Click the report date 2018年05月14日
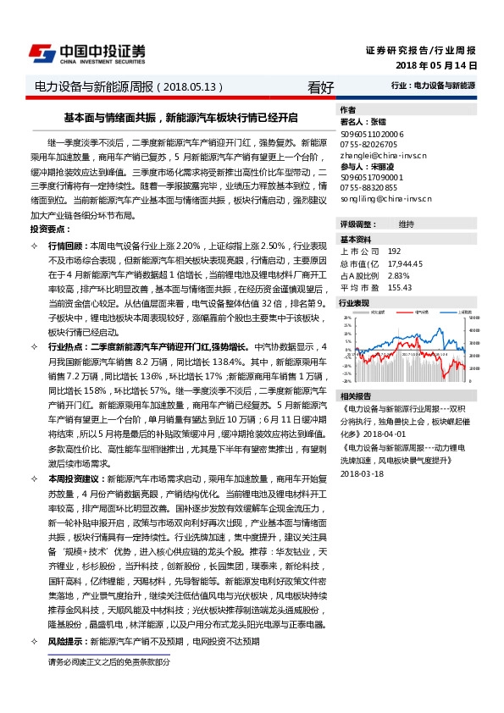[x=436, y=65]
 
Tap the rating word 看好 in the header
[x=321, y=86]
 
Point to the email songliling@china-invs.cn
[x=385, y=200]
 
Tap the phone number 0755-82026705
[x=368, y=145]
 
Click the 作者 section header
[x=347, y=110]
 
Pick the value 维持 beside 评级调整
[x=406, y=224]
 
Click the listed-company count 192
[x=394, y=251]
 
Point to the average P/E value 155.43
[x=400, y=287]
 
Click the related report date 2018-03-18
[x=362, y=473]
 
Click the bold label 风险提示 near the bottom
[x=65, y=642]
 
